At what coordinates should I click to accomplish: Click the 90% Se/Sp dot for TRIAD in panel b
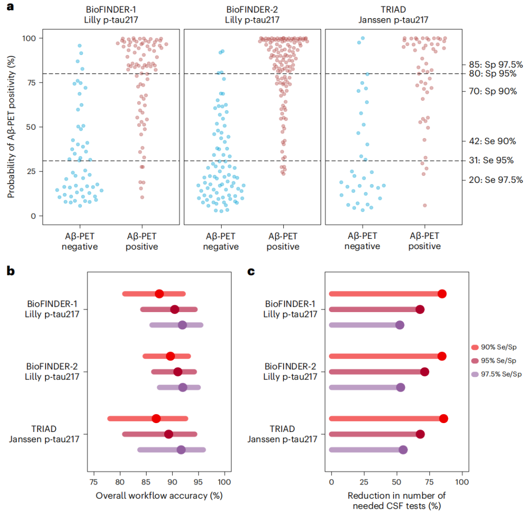coord(156,419)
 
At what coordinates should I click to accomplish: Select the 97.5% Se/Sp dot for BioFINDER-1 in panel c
coord(400,325)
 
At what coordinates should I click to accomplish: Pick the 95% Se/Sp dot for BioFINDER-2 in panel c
coord(424,372)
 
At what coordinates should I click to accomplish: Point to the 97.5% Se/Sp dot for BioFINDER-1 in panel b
coord(182,325)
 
